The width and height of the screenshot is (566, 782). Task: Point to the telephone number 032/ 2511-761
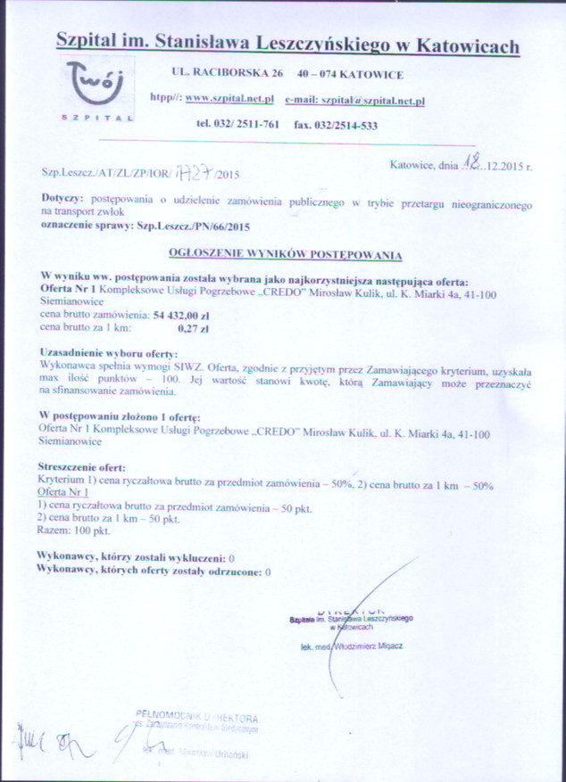tap(237, 125)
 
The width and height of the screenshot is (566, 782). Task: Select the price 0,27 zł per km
tap(193, 327)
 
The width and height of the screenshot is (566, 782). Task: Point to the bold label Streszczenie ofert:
tap(83, 466)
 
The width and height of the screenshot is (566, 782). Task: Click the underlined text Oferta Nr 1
tap(62, 492)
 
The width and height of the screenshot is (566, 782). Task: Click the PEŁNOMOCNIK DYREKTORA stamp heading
tap(198, 717)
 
